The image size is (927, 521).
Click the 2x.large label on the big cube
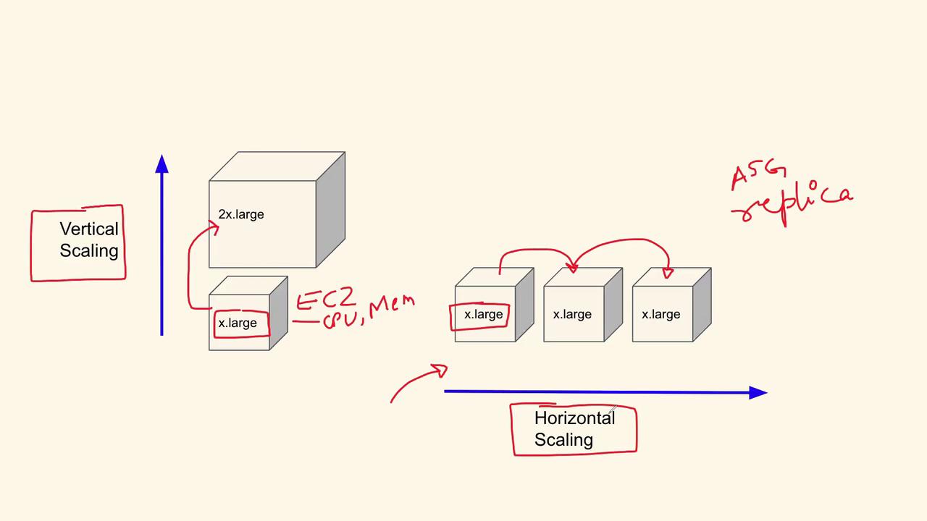(x=241, y=215)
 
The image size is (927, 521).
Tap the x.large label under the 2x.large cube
(x=238, y=323)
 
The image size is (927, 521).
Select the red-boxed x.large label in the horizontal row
(x=483, y=314)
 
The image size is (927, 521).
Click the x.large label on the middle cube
(x=572, y=314)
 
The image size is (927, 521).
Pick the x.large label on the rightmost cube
(x=661, y=314)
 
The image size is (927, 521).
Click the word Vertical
(x=89, y=229)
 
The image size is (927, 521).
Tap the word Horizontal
(x=574, y=418)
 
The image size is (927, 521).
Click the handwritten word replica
(x=792, y=203)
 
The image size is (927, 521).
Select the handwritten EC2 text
(x=326, y=299)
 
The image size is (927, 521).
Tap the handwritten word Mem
(x=392, y=306)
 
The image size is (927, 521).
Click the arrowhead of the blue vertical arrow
(x=162, y=164)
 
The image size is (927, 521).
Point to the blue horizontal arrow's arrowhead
(x=758, y=393)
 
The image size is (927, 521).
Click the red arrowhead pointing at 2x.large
(x=214, y=227)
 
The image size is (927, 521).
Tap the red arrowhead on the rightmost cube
(x=668, y=273)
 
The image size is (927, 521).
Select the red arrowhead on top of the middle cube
(x=572, y=268)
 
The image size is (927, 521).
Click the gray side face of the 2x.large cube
(x=331, y=210)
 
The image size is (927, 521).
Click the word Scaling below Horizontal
(x=563, y=439)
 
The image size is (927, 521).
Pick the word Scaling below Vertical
(x=89, y=250)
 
